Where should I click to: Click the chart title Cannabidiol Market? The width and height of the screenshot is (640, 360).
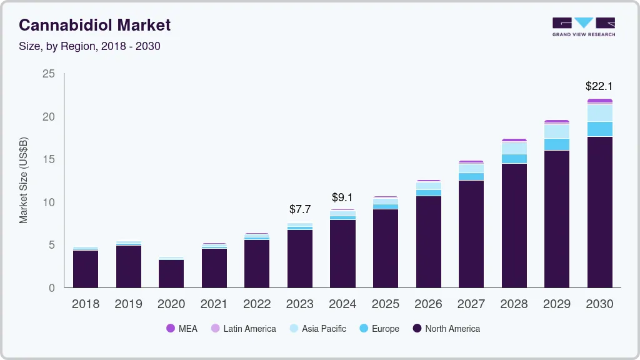pyautogui.click(x=94, y=25)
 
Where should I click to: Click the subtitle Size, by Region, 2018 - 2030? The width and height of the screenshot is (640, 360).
pyautogui.click(x=89, y=46)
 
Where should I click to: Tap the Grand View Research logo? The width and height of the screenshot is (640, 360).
pyautogui.click(x=583, y=27)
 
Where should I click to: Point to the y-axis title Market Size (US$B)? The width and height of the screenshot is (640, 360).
pyautogui.click(x=24, y=180)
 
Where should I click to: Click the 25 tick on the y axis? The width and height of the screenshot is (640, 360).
pyautogui.click(x=48, y=74)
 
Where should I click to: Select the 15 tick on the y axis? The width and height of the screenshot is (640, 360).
pyautogui.click(x=48, y=159)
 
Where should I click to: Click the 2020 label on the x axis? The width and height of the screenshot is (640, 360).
pyautogui.click(x=171, y=304)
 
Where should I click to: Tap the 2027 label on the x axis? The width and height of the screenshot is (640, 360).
pyautogui.click(x=471, y=304)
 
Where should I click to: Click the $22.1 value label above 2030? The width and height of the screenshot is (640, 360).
pyautogui.click(x=599, y=86)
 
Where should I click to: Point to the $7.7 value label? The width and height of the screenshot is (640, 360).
pyautogui.click(x=300, y=209)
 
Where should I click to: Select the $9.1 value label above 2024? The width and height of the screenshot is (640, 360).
pyautogui.click(x=342, y=197)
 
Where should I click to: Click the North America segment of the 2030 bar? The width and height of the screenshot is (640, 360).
pyautogui.click(x=599, y=212)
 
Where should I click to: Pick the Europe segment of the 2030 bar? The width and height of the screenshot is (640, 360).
pyautogui.click(x=599, y=129)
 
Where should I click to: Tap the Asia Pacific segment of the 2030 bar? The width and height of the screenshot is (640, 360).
pyautogui.click(x=599, y=113)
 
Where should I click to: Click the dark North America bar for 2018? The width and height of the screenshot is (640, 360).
pyautogui.click(x=86, y=269)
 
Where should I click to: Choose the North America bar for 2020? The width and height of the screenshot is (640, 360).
pyautogui.click(x=171, y=274)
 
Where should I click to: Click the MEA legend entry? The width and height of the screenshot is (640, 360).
pyautogui.click(x=182, y=329)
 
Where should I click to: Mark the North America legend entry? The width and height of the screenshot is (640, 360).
pyautogui.click(x=446, y=329)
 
